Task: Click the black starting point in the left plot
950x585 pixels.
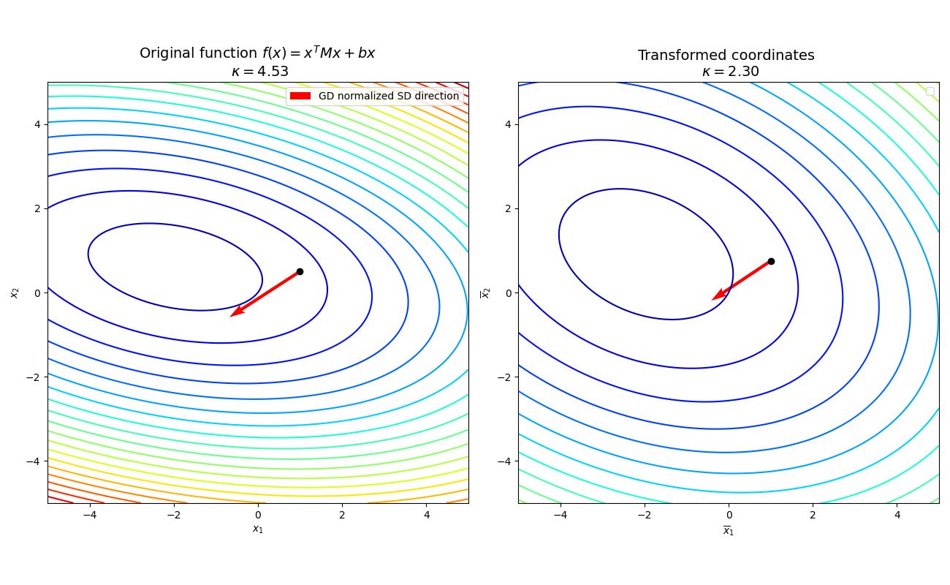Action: click(x=300, y=271)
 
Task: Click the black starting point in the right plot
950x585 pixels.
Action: click(x=771, y=261)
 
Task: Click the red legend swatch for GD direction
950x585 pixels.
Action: click(x=300, y=96)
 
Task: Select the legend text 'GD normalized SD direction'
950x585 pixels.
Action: click(x=388, y=96)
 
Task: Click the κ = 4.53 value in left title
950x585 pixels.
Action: click(x=259, y=72)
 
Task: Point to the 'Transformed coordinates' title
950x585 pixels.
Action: click(x=726, y=56)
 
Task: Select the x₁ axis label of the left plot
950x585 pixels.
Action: click(x=258, y=529)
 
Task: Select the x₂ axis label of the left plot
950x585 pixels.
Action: click(x=15, y=292)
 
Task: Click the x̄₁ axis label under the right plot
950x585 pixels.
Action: click(x=729, y=530)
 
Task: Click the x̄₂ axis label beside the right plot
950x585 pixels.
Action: click(x=484, y=292)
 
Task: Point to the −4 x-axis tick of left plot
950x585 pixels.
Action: click(x=89, y=515)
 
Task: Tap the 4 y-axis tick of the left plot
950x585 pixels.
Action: click(x=37, y=124)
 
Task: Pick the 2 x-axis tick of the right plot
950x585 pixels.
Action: click(x=813, y=515)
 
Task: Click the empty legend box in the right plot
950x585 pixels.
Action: click(x=930, y=91)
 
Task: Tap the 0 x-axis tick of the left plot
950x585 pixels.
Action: click(x=258, y=515)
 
